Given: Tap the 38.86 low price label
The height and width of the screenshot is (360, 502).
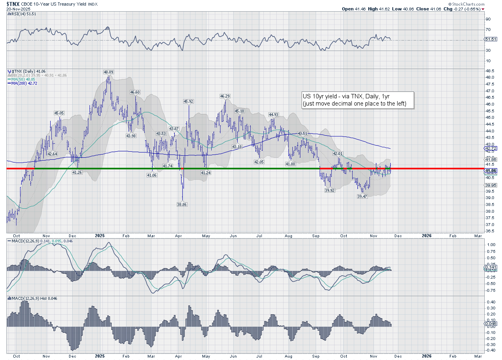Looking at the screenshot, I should click(182, 204).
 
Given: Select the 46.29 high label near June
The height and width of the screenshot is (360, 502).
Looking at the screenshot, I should click(225, 96).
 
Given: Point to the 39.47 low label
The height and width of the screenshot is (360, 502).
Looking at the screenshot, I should click(363, 197).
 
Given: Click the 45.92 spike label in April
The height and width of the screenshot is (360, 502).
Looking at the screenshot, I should click(188, 102).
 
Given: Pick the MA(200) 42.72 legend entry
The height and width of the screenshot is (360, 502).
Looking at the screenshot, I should click(21, 83).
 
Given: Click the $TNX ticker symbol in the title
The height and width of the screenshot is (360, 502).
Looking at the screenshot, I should click(13, 3).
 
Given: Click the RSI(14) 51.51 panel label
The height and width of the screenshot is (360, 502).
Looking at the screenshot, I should click(20, 14).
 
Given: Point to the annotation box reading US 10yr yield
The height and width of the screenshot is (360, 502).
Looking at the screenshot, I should click(358, 100).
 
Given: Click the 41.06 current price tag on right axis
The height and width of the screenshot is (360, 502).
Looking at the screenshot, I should click(491, 171).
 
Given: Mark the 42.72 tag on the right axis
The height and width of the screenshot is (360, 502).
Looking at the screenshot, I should click(491, 148).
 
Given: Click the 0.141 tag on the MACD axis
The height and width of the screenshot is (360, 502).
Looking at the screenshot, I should click(490, 267).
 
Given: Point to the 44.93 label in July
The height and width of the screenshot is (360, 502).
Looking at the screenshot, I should click(273, 114).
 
